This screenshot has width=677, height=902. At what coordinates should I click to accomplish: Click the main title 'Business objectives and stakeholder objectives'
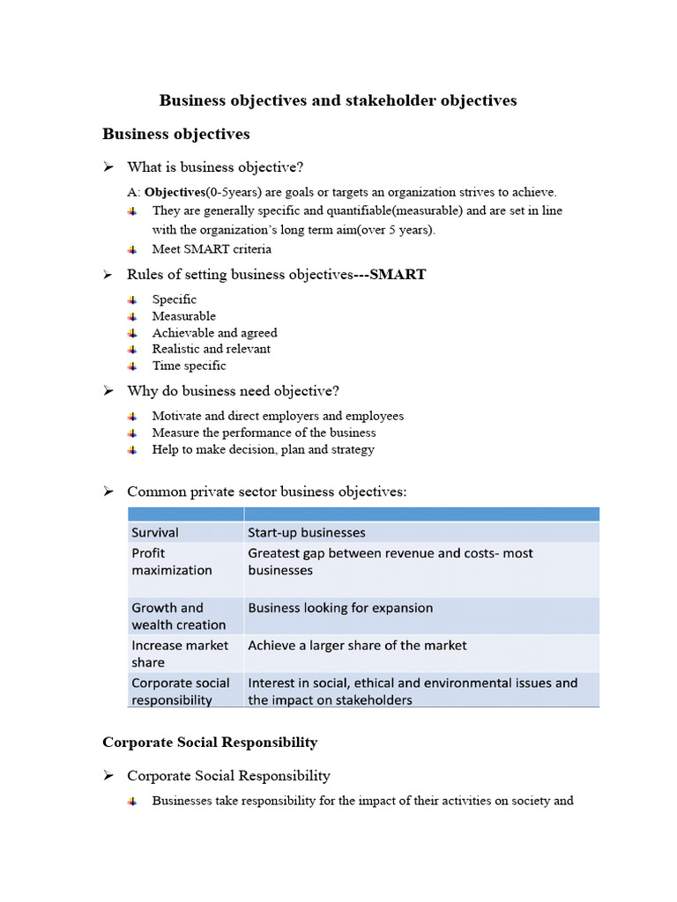(338, 100)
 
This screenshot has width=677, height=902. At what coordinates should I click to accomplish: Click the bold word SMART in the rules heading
(398, 275)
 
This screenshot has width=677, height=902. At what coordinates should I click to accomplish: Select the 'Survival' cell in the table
(155, 532)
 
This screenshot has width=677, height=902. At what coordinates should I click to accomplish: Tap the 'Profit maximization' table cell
(172, 561)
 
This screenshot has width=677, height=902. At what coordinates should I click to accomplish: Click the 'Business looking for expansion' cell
(340, 608)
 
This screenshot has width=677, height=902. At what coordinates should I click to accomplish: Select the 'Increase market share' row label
(180, 654)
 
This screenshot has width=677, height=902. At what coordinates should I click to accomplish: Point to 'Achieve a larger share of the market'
(357, 646)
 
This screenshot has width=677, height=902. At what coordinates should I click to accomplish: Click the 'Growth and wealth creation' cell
(178, 616)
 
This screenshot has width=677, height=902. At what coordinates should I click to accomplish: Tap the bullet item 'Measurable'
(183, 316)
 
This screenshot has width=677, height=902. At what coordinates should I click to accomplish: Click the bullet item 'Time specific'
(189, 366)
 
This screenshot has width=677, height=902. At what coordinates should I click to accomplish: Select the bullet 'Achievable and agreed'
(214, 333)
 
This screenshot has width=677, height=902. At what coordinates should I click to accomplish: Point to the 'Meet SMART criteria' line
(212, 249)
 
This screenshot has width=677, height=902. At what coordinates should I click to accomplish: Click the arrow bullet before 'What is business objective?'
(108, 166)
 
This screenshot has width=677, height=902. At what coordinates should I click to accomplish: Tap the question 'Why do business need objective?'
(233, 390)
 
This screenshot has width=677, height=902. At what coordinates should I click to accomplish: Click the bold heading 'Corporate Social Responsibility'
(210, 743)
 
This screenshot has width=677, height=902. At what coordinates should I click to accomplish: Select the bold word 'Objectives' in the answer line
(175, 192)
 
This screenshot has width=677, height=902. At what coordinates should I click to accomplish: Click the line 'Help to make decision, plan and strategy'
(263, 449)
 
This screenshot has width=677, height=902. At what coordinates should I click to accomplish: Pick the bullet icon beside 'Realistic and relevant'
(132, 349)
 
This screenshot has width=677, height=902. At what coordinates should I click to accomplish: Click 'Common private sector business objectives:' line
(267, 492)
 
